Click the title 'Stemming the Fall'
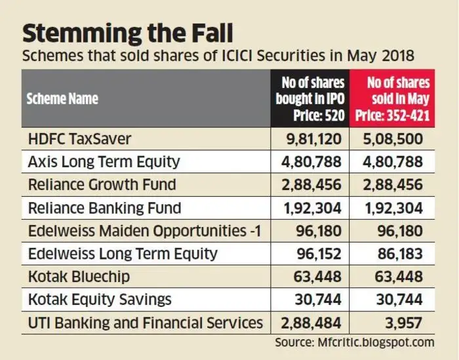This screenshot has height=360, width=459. [x=128, y=33]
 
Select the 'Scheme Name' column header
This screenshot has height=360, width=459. [x=62, y=98]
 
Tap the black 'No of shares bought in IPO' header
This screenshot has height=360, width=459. [x=310, y=98]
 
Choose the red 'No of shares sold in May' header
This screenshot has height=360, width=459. [x=393, y=98]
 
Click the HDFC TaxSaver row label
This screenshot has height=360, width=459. [x=79, y=138]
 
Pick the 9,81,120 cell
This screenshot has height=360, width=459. [x=314, y=139]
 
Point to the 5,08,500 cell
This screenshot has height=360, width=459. [x=393, y=139]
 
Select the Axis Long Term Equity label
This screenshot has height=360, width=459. [x=104, y=162]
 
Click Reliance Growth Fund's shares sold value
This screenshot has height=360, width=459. [x=393, y=185]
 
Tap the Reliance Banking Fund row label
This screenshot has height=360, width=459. [x=104, y=208]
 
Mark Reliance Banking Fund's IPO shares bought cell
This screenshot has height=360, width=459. [x=313, y=208]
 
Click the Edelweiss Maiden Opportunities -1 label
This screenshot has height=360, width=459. [x=145, y=231]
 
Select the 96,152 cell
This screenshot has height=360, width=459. [x=319, y=254]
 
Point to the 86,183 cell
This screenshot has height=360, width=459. [x=400, y=254]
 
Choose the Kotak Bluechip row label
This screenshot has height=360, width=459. [x=79, y=277]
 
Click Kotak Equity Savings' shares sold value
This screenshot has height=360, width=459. [x=399, y=300]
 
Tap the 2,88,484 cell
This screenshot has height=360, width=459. [x=311, y=323]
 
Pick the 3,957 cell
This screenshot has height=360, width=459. [x=404, y=323]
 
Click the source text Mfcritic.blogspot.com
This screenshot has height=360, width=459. [x=376, y=342]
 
